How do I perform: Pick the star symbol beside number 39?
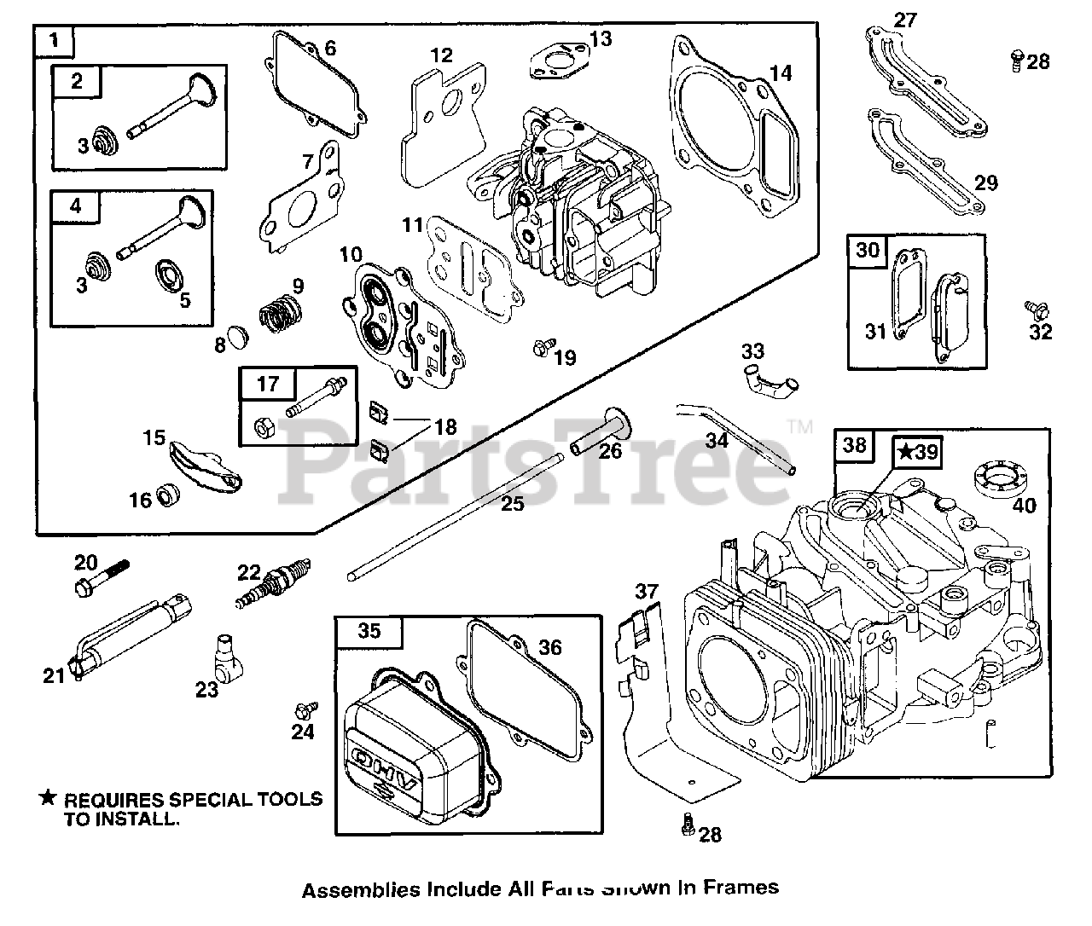click(x=905, y=452)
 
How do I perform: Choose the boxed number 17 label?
click(x=268, y=384)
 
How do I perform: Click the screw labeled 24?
click(x=304, y=709)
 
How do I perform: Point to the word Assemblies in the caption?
click(x=361, y=889)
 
